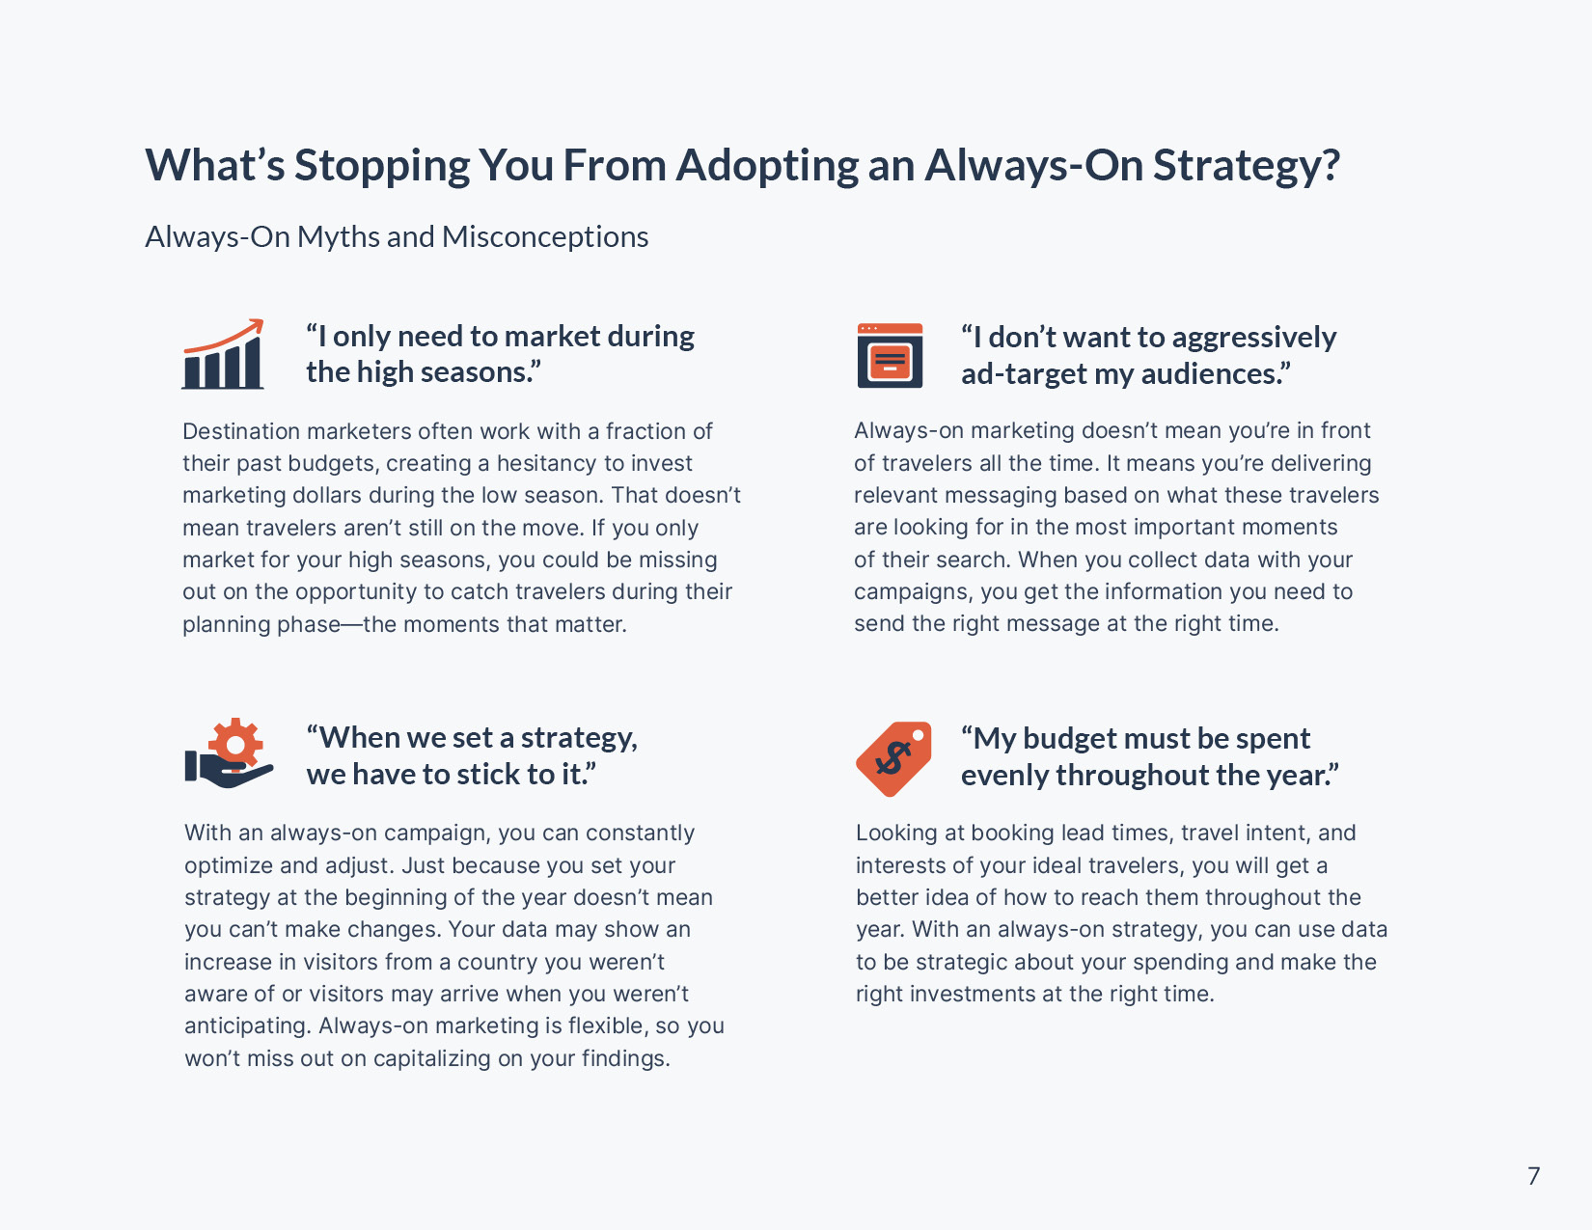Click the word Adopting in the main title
pyautogui.click(x=766, y=166)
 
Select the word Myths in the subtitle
pyautogui.click(x=338, y=236)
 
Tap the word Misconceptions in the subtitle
pyautogui.click(x=545, y=236)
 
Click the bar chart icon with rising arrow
pyautogui.click(x=223, y=354)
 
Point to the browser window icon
pyautogui.click(x=890, y=355)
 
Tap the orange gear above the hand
pyautogui.click(x=235, y=744)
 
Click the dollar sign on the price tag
pyautogui.click(x=892, y=758)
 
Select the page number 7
pyautogui.click(x=1533, y=1176)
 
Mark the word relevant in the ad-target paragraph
pyautogui.click(x=895, y=495)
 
